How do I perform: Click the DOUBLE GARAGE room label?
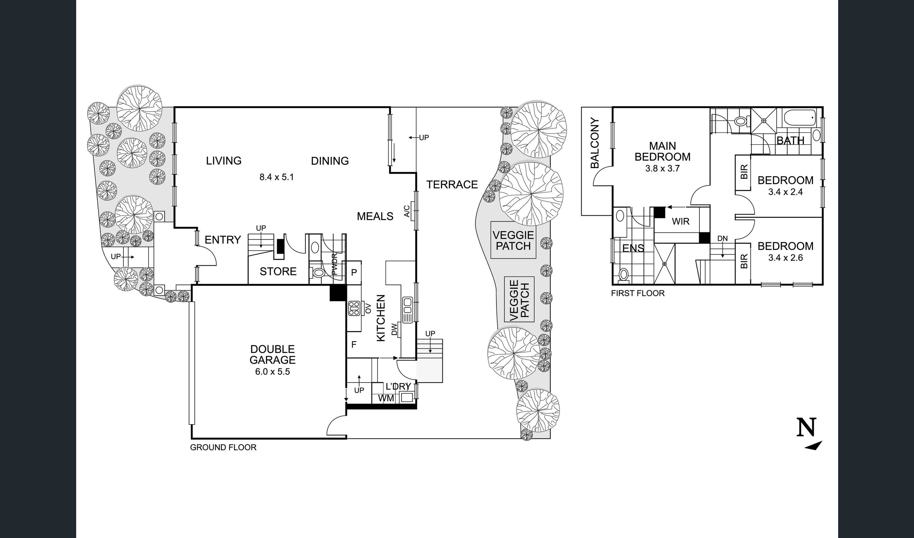pyautogui.click(x=272, y=355)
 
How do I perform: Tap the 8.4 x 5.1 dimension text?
pyautogui.click(x=276, y=177)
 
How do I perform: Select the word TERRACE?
pyautogui.click(x=452, y=184)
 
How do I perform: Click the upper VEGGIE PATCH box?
pyautogui.click(x=513, y=240)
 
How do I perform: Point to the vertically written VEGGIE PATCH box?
pyautogui.click(x=519, y=300)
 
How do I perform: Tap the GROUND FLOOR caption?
pyautogui.click(x=223, y=447)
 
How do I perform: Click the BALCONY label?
pyautogui.click(x=595, y=143)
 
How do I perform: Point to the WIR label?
pyautogui.click(x=681, y=221)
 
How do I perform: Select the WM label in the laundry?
pyautogui.click(x=386, y=398)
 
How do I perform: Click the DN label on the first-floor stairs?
pyautogui.click(x=723, y=238)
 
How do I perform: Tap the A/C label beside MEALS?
pyautogui.click(x=407, y=211)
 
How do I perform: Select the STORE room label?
pyautogui.click(x=278, y=271)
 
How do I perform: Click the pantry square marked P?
pyautogui.click(x=354, y=273)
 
